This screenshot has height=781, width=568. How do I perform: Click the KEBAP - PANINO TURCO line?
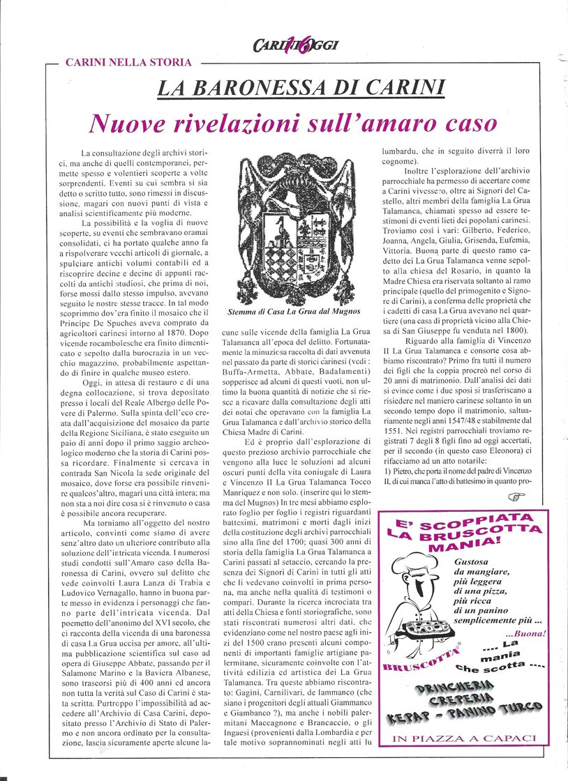(x=465, y=715)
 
